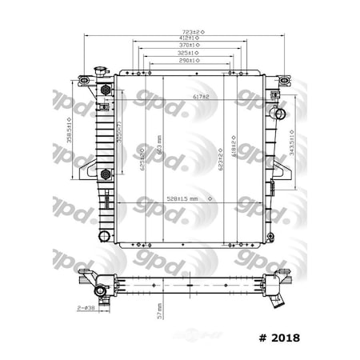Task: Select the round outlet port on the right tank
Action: click(277, 113)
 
